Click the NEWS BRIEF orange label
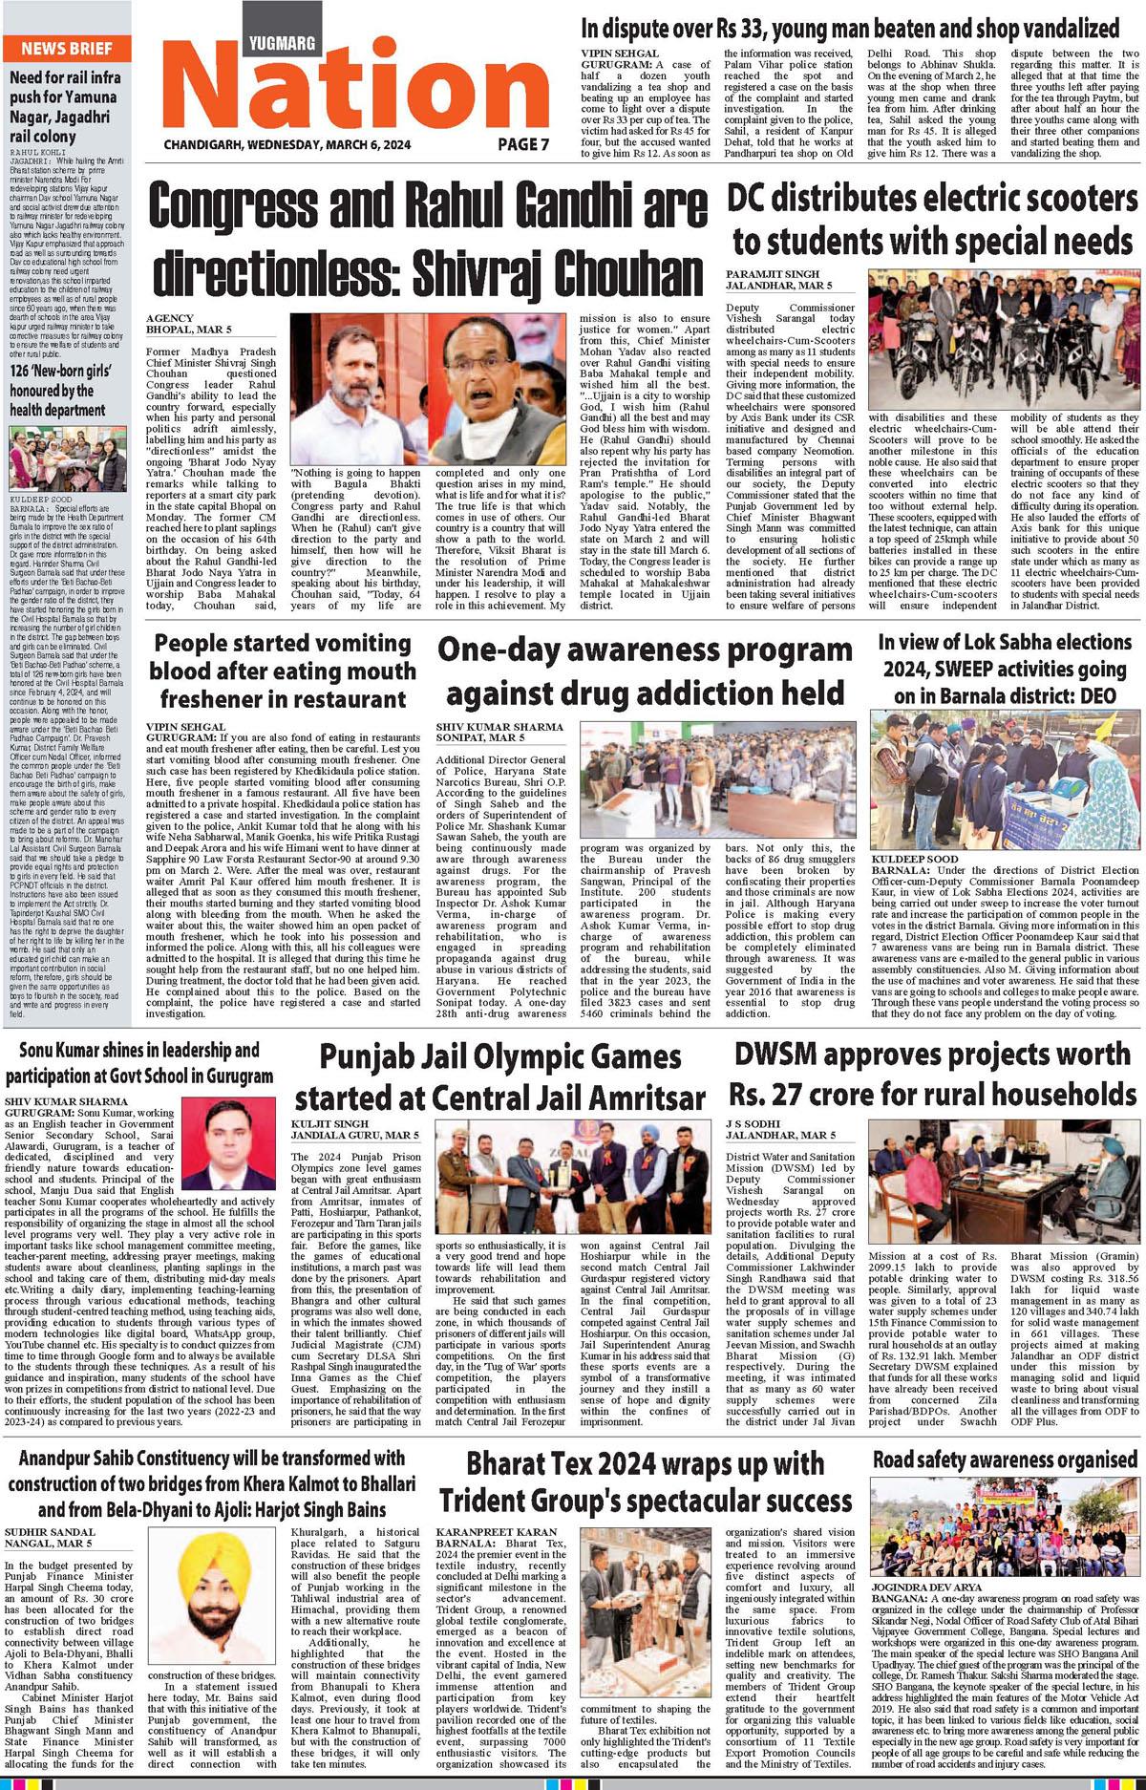67,49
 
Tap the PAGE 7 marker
523,144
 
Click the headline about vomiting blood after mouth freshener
283,671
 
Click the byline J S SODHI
755,1122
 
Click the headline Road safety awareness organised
1005,1460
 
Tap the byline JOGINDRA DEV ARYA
927,1586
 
